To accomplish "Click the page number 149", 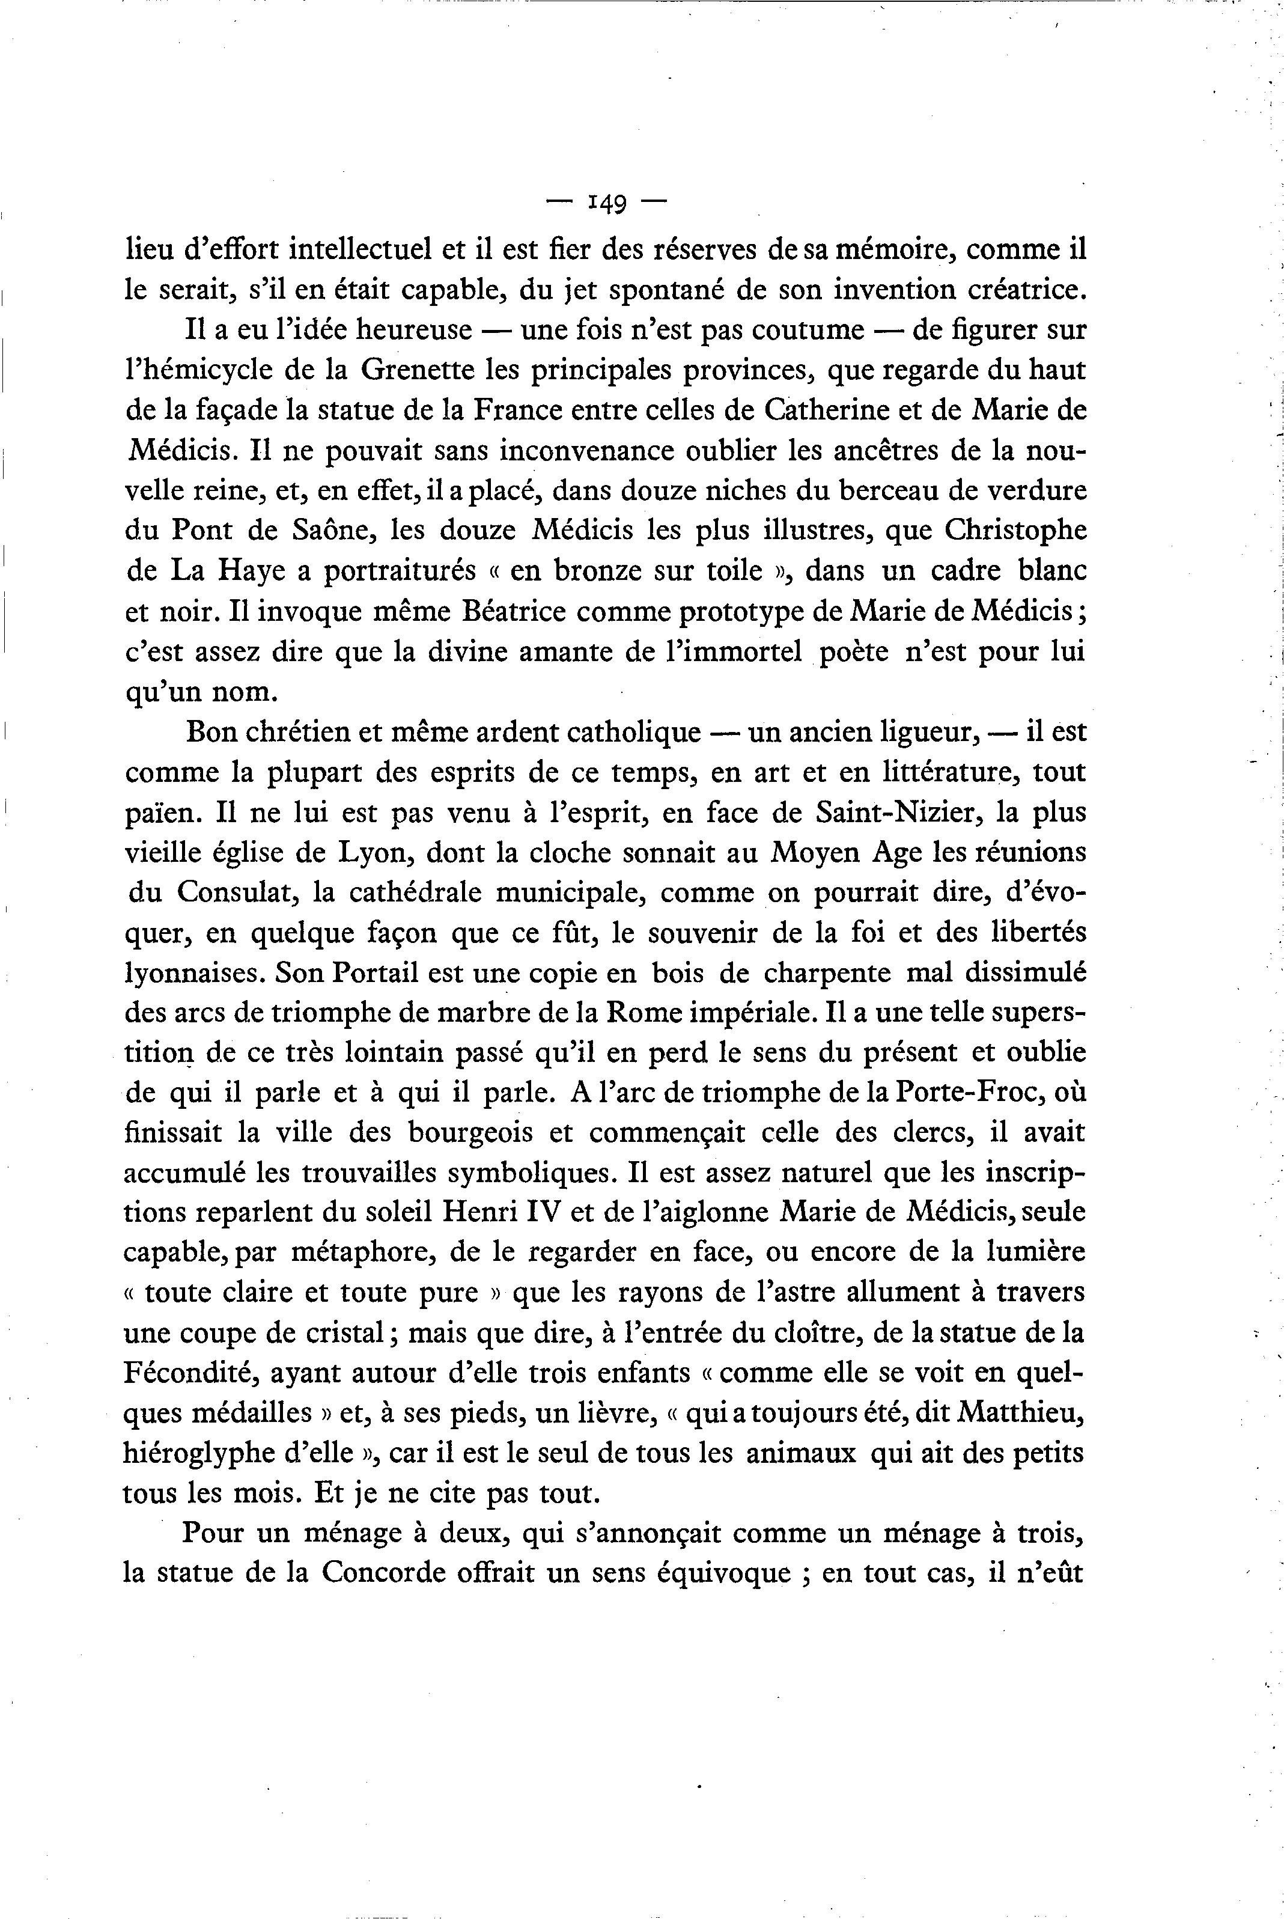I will (x=607, y=203).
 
